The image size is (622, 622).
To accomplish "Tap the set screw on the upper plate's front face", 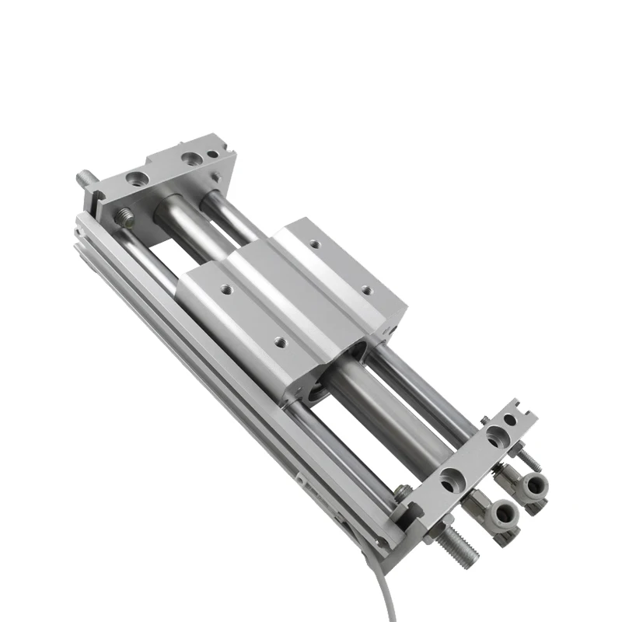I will tap(125, 215).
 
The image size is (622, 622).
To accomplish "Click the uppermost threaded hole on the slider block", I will tap(315, 245).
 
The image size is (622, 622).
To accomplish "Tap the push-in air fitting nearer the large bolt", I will tap(500, 513).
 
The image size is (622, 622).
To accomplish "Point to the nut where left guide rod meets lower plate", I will tap(401, 491).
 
